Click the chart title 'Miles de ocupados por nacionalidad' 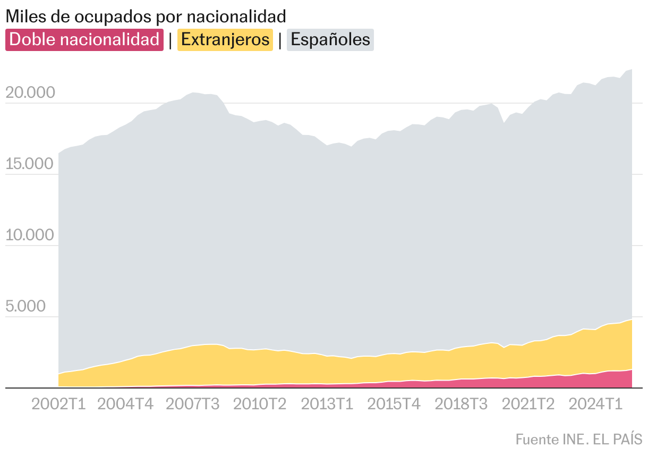click(146, 16)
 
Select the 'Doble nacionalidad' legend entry click(84, 40)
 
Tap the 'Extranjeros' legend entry click(225, 40)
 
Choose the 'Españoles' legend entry click(330, 40)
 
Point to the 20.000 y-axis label click(30, 93)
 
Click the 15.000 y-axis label click(30, 164)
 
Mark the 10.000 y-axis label click(30, 235)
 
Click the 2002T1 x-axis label click(58, 404)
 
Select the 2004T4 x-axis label click(125, 404)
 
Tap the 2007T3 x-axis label click(193, 404)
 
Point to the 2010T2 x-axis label click(260, 404)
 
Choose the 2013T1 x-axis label click(327, 404)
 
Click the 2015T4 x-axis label click(394, 404)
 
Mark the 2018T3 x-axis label click(461, 404)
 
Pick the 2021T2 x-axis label click(528, 404)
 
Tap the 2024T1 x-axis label click(595, 404)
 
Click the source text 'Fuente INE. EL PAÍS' click(578, 440)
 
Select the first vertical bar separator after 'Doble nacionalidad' click(170, 40)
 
